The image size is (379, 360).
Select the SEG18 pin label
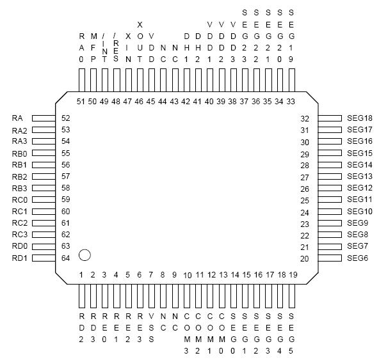tap(359, 118)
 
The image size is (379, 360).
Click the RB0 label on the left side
tap(19, 153)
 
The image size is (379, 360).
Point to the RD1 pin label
tap(19, 258)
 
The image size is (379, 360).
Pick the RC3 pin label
tap(19, 235)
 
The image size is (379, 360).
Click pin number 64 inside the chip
tap(65, 258)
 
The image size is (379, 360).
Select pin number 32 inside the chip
tap(305, 118)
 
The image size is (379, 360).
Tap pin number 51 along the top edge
tap(80, 101)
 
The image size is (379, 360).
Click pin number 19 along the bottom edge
tap(293, 274)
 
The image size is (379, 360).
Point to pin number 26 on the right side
tap(305, 189)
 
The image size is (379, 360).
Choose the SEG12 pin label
tap(359, 188)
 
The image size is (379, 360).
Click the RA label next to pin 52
tap(17, 118)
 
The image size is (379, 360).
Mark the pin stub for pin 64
tap(44, 258)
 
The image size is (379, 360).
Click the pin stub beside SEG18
tap(330, 118)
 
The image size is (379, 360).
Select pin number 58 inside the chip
tap(65, 188)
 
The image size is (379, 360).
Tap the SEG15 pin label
tap(359, 153)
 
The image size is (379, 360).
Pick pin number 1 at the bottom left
tap(81, 274)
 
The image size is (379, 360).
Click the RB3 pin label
tap(19, 188)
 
